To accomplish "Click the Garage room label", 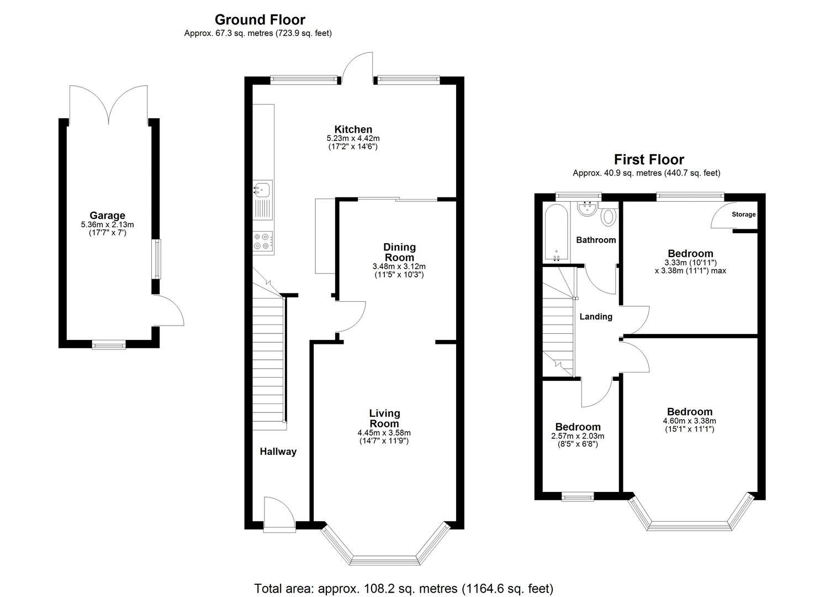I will [107, 216].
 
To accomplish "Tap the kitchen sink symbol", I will [262, 190].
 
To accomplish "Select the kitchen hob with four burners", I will [263, 241].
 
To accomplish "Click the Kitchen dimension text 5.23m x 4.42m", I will [353, 139].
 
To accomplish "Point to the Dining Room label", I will [399, 252].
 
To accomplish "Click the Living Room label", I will [384, 418].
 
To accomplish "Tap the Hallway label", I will [278, 452].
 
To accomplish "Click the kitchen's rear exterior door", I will [357, 67].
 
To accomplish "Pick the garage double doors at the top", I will [109, 104].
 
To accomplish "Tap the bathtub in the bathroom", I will [557, 233].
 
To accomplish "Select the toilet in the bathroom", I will [609, 216].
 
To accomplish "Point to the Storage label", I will [743, 214].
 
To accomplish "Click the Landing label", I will [595, 317].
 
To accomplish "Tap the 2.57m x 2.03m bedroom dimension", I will [578, 436].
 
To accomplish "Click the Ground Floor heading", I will [260, 20].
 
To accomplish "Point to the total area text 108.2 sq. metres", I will [403, 588].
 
